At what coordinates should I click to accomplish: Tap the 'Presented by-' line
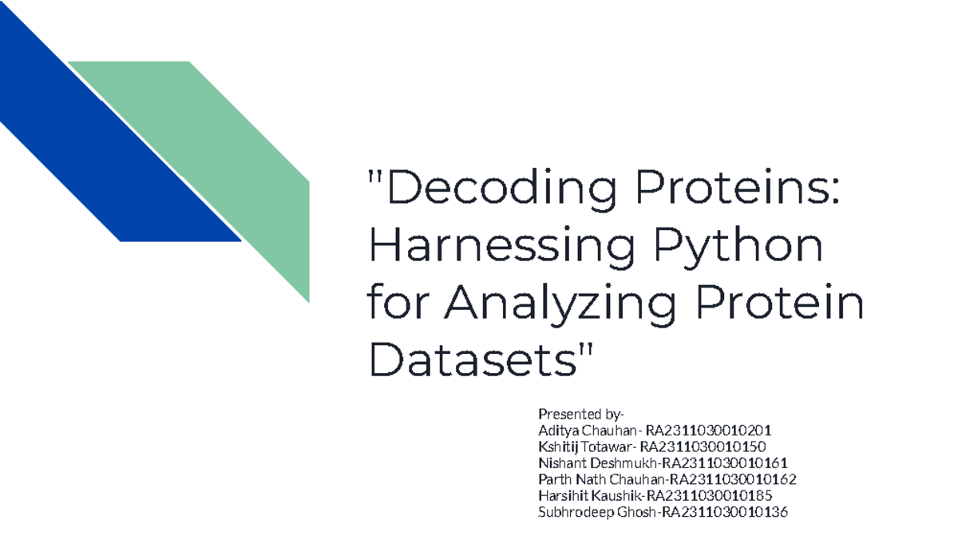pos(581,414)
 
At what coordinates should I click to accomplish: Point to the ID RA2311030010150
pos(708,447)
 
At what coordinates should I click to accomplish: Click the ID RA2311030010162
pos(733,479)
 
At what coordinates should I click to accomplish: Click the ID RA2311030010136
pos(724,513)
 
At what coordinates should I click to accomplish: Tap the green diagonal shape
pos(232,160)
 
